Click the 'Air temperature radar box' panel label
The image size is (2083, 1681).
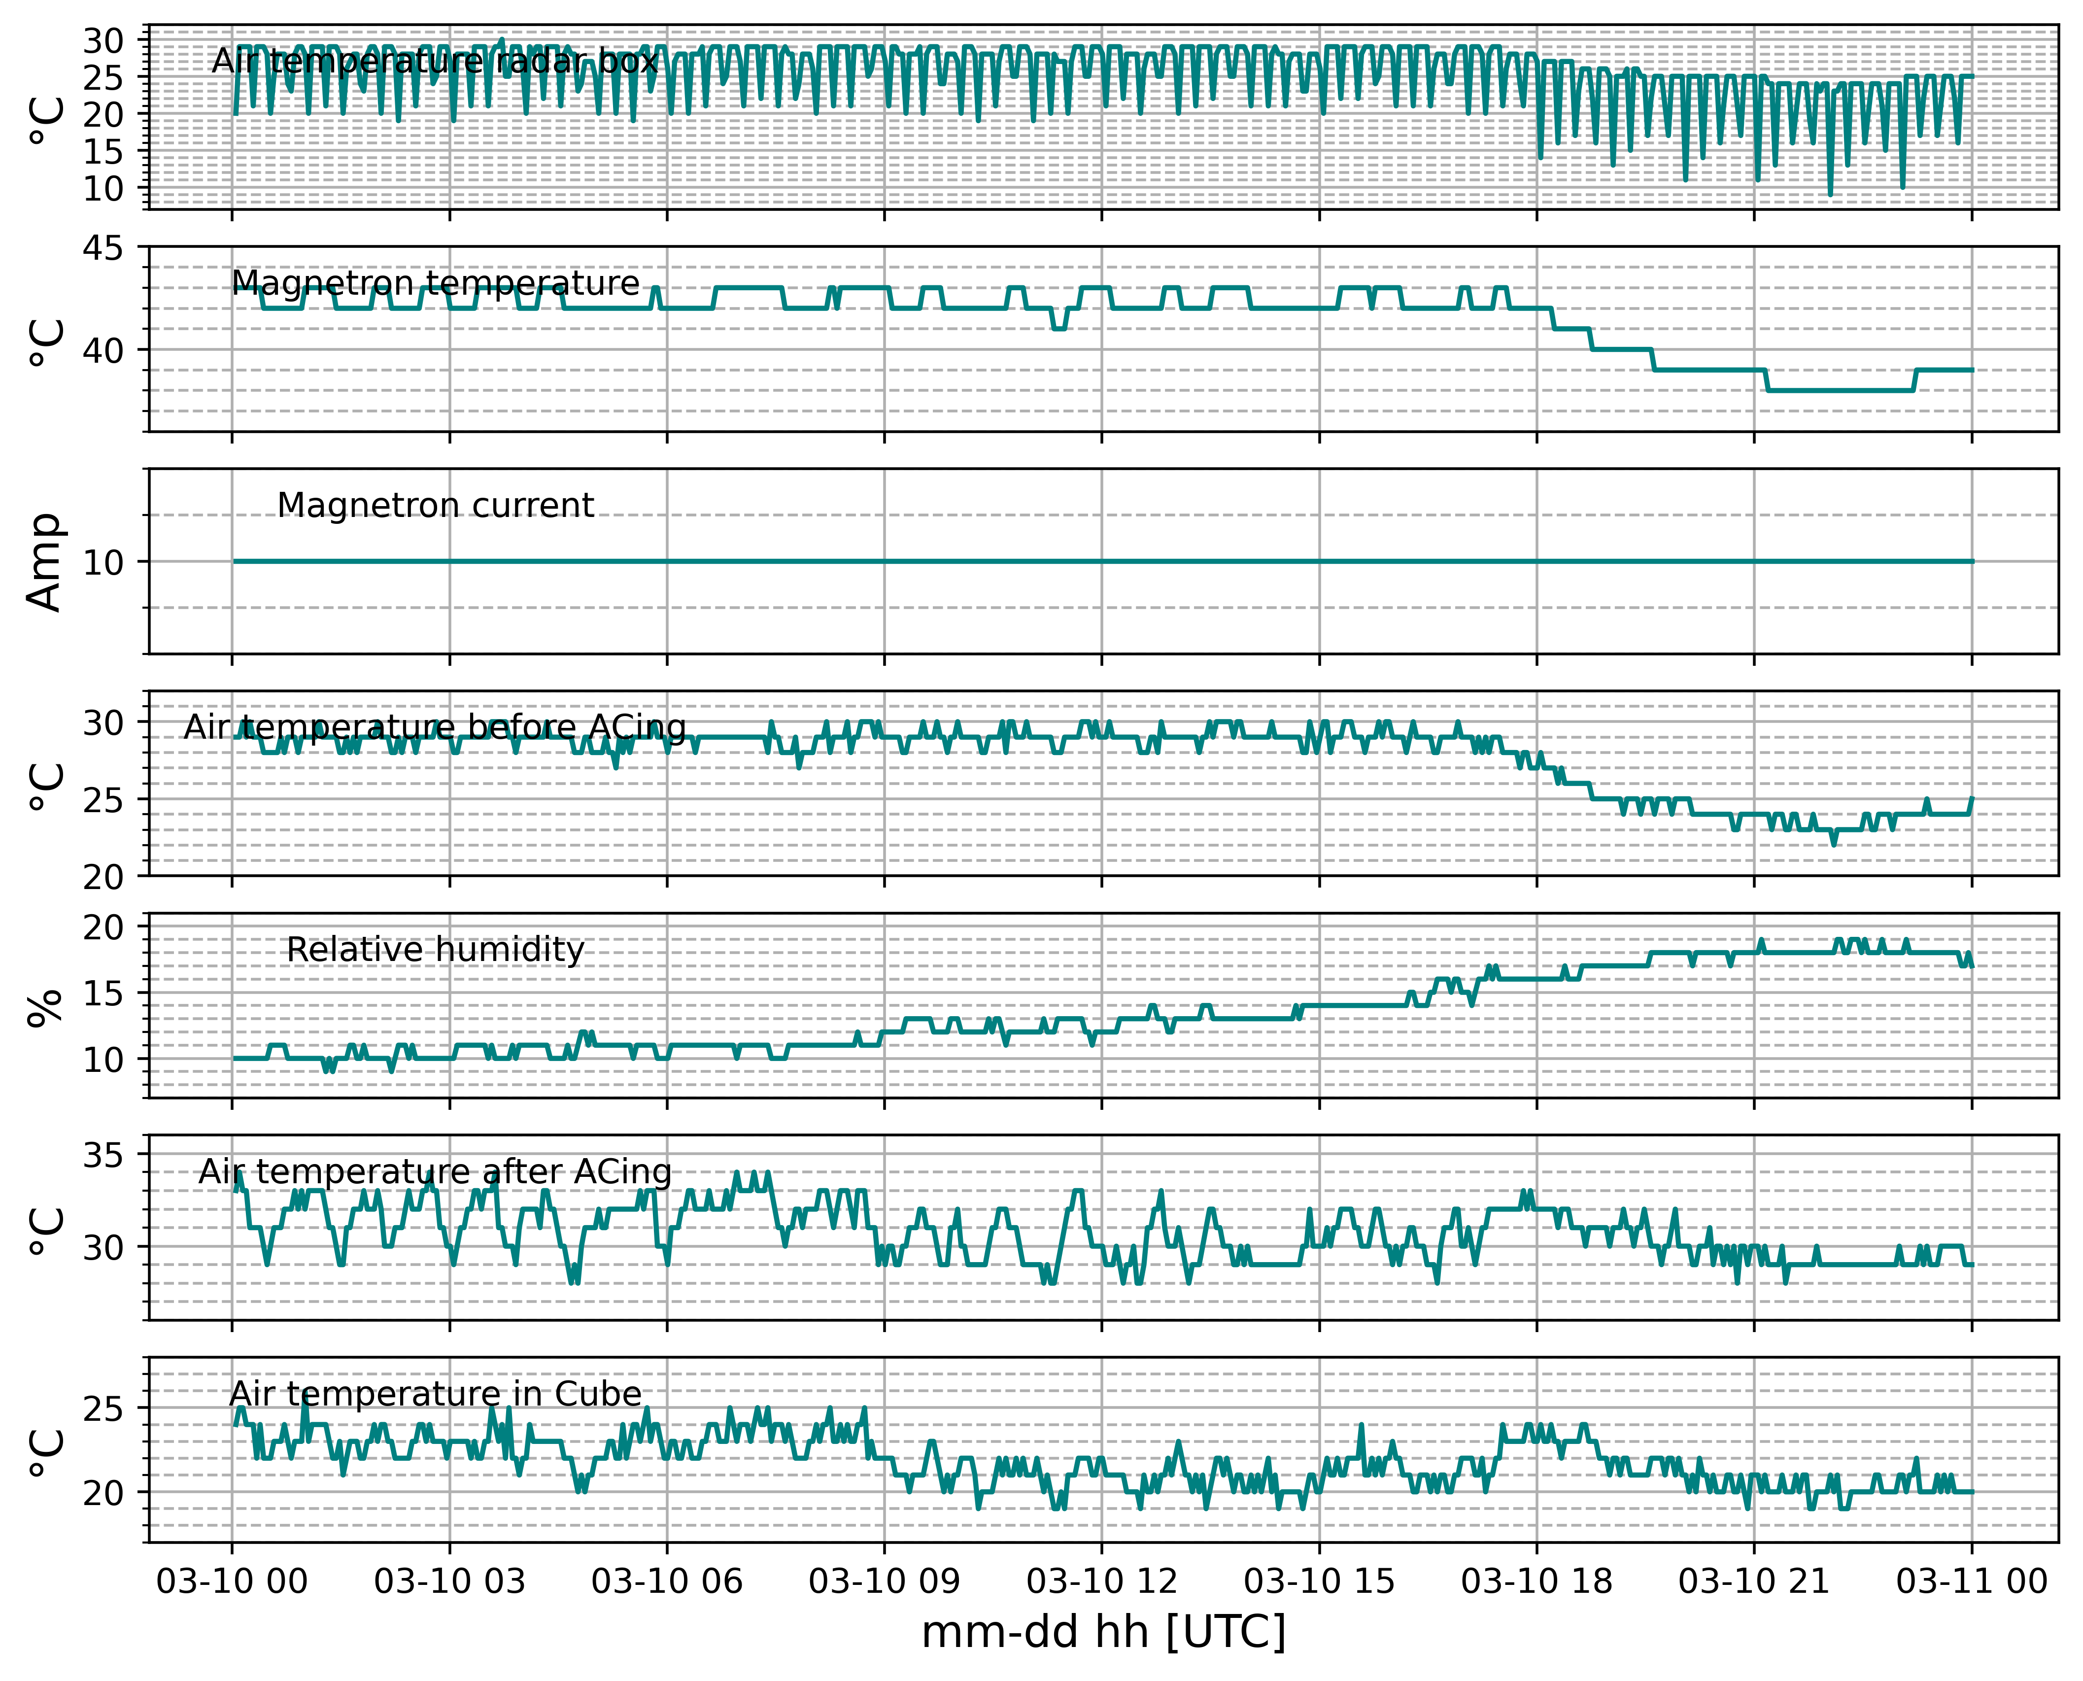[x=435, y=61]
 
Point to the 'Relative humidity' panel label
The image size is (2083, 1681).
[x=436, y=950]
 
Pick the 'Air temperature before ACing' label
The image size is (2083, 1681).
[x=436, y=727]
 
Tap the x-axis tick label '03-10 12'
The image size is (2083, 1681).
[x=1102, y=1581]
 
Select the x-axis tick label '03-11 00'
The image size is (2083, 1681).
[x=1972, y=1581]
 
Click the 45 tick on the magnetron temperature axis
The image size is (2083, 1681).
[x=102, y=249]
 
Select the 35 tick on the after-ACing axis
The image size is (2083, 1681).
[x=102, y=1156]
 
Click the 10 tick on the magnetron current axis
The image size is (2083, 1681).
[x=102, y=563]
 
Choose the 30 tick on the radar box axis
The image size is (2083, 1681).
[x=102, y=41]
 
